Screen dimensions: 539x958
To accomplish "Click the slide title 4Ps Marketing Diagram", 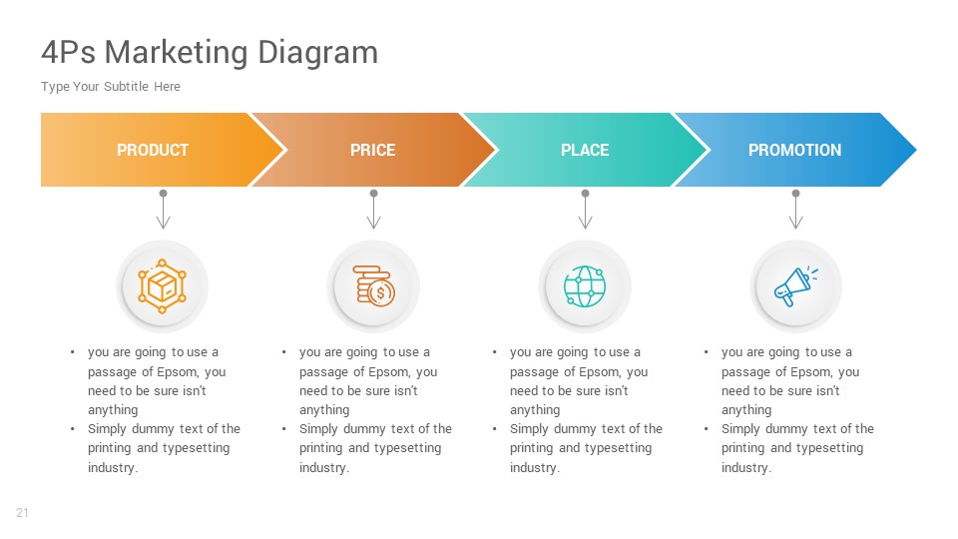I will [x=210, y=52].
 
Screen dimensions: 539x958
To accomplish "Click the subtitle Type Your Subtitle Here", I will [x=111, y=87].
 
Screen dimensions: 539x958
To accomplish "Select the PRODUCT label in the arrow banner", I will [x=153, y=150].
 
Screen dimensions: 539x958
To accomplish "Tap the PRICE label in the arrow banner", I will [x=372, y=150].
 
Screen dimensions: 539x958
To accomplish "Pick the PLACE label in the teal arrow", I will [x=585, y=150].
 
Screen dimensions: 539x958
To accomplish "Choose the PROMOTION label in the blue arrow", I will [x=794, y=150].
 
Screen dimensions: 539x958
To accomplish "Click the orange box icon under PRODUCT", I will [x=163, y=287].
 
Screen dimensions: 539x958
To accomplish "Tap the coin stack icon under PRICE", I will [x=374, y=287].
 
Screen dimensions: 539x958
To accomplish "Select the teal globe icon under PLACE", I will [x=585, y=287].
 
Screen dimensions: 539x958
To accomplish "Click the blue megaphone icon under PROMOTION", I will [x=795, y=287].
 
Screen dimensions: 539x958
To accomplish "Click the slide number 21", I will [x=22, y=513].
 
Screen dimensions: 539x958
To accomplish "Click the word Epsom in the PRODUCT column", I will [x=178, y=371].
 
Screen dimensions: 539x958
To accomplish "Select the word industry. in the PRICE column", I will [x=324, y=467].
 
